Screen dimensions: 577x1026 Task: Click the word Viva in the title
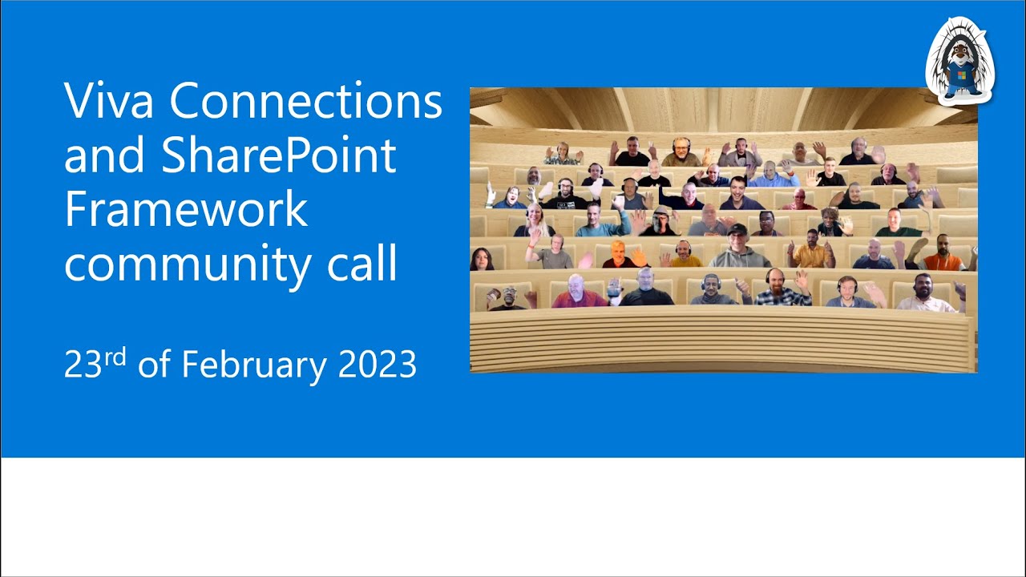(x=110, y=102)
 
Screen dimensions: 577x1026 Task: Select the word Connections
(x=306, y=102)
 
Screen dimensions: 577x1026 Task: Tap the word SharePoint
(x=279, y=155)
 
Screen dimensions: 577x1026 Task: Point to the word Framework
(x=186, y=209)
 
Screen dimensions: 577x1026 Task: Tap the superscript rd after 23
(x=116, y=357)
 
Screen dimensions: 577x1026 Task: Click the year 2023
(x=378, y=365)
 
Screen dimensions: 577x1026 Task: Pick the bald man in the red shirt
(x=576, y=293)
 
